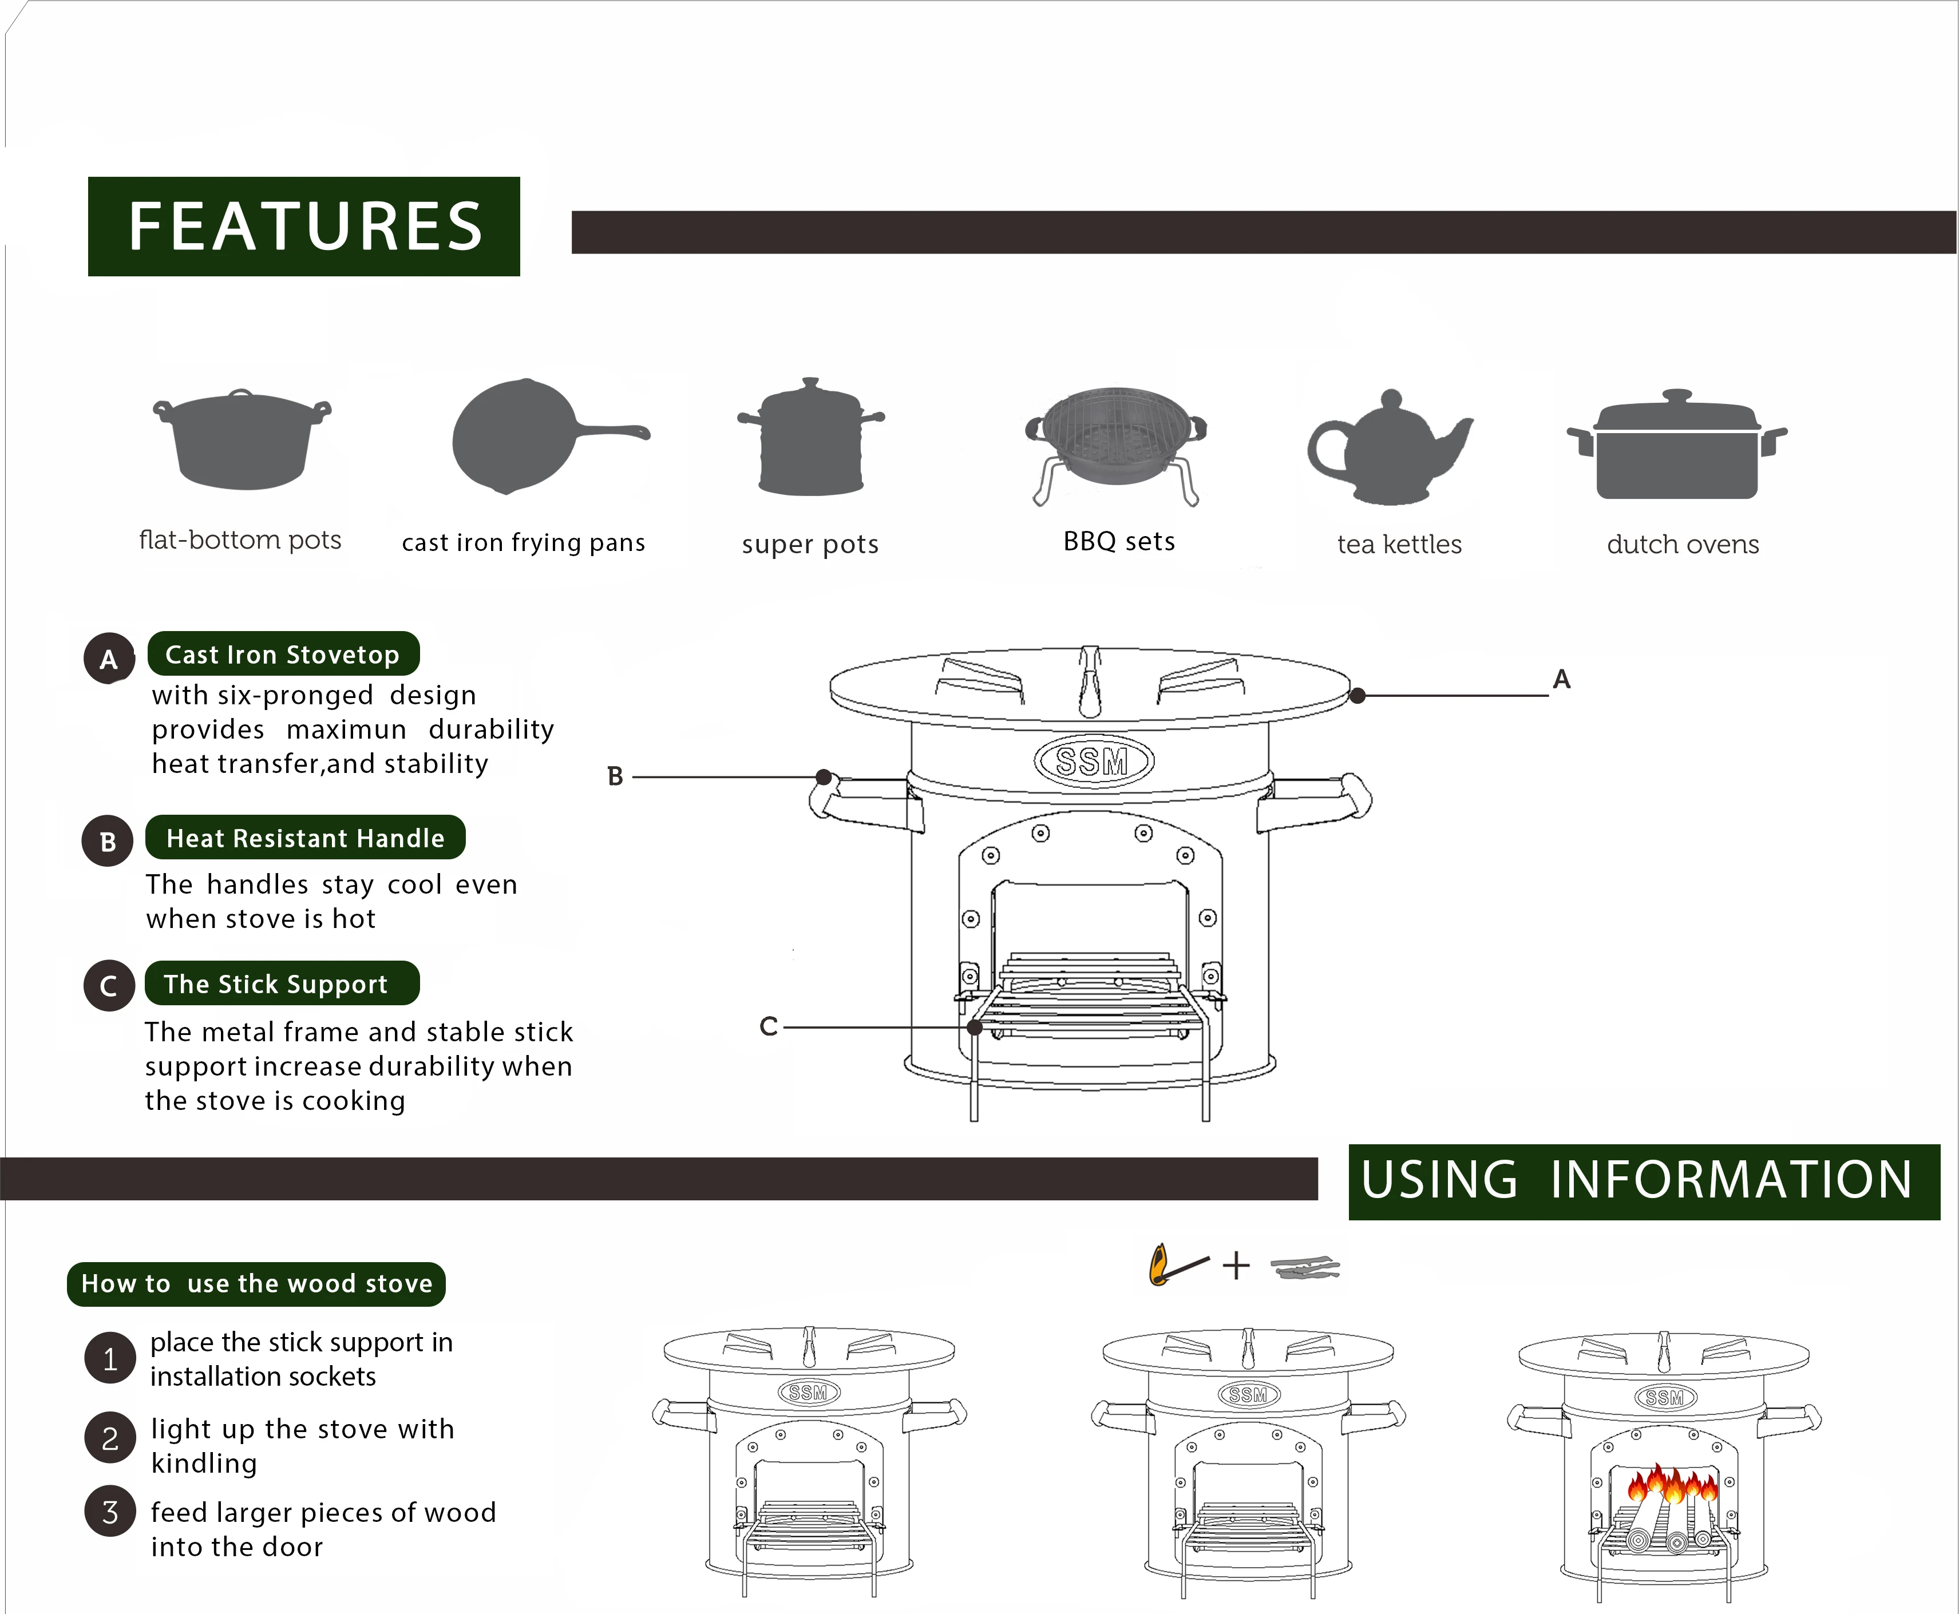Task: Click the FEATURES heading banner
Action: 304,226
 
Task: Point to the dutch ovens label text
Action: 1682,544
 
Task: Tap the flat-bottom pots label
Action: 240,540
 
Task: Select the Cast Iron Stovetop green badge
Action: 283,655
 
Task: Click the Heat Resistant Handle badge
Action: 305,838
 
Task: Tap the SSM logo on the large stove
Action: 1094,762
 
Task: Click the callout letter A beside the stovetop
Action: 1561,680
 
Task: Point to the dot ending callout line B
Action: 824,776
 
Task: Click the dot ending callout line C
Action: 975,1028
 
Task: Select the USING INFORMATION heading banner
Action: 1643,1181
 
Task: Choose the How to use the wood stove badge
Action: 256,1284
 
